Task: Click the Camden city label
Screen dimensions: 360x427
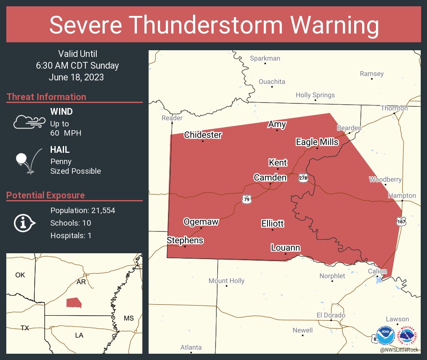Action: tap(270, 177)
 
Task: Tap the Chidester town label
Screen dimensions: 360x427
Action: tap(203, 135)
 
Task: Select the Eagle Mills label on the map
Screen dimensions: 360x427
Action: tap(317, 142)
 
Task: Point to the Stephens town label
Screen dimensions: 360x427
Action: tap(185, 240)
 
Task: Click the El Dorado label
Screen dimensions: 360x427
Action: tap(331, 315)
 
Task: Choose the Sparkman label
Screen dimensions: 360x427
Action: tap(265, 58)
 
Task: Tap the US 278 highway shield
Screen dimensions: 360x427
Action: tap(304, 178)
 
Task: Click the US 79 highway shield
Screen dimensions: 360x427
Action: tap(247, 199)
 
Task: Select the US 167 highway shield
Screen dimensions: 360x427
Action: tap(401, 221)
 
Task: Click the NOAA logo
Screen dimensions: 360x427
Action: tap(386, 335)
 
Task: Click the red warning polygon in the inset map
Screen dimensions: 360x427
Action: tap(74, 303)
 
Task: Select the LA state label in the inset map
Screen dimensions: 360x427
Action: tap(79, 335)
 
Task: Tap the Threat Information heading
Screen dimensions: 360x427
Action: tap(46, 97)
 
